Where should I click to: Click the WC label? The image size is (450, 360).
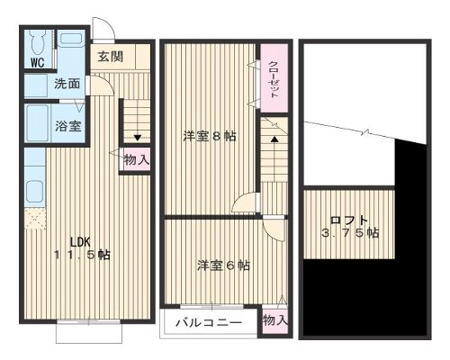[x=37, y=63]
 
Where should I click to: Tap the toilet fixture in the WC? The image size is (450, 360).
[x=36, y=43]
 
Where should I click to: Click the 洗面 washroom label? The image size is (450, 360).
[x=66, y=85]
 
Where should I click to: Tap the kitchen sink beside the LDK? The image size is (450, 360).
[x=33, y=191]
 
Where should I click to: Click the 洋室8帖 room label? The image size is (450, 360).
[x=210, y=136]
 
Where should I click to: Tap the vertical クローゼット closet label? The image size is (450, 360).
[x=273, y=80]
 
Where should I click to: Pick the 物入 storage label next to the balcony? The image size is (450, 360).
[x=274, y=319]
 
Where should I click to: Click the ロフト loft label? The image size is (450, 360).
[x=347, y=220]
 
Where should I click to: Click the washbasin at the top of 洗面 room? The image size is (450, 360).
[x=69, y=41]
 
